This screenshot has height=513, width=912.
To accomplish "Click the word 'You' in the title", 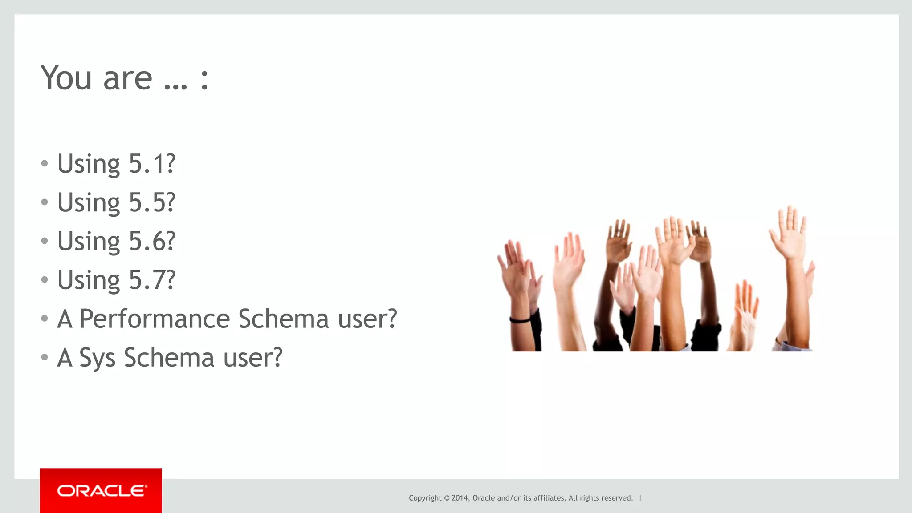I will [x=66, y=78].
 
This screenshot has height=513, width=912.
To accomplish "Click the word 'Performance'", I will [x=155, y=319].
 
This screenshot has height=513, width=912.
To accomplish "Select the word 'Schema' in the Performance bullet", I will [x=284, y=319].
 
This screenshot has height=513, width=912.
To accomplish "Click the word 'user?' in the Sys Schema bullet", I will [x=253, y=357].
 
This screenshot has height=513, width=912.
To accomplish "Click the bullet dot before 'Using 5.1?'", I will [x=44, y=163].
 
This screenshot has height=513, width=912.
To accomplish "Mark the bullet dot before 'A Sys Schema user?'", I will [x=44, y=357].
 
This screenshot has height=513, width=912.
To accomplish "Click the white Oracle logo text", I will [x=102, y=491].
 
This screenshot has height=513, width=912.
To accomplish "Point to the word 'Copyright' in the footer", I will [x=425, y=498].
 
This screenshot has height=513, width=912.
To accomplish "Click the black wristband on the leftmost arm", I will [x=520, y=319].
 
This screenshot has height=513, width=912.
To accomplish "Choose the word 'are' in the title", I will [x=128, y=79].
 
